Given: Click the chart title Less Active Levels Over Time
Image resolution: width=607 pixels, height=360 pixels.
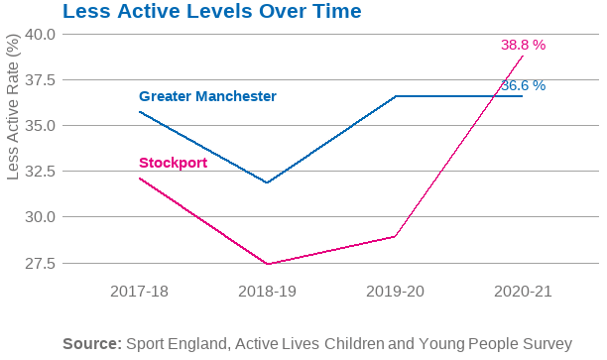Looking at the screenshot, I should point(211,12).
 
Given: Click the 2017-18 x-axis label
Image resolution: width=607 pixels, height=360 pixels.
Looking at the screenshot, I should point(140,292).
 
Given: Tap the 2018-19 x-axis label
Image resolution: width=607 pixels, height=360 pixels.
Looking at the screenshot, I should point(267,292).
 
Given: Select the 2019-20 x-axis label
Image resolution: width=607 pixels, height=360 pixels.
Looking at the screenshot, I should point(395,292).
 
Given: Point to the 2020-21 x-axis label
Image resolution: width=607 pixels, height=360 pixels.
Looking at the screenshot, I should point(522,292).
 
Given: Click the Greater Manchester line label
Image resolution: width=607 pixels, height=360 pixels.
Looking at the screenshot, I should point(207,96).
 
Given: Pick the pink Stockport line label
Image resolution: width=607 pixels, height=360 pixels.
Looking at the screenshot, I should point(173,163).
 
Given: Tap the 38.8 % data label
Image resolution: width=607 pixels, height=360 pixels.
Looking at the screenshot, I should point(523,46).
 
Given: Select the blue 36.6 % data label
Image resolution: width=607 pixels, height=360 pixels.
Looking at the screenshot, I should point(523,86).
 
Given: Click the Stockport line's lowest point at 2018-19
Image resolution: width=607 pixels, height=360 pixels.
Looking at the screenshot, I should point(267,264).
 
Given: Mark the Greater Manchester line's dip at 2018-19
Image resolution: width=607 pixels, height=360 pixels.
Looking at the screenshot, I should point(267,182).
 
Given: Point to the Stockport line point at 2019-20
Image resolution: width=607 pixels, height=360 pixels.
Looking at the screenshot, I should point(395,236).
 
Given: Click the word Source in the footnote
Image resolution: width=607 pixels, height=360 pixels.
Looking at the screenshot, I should point(92,344).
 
